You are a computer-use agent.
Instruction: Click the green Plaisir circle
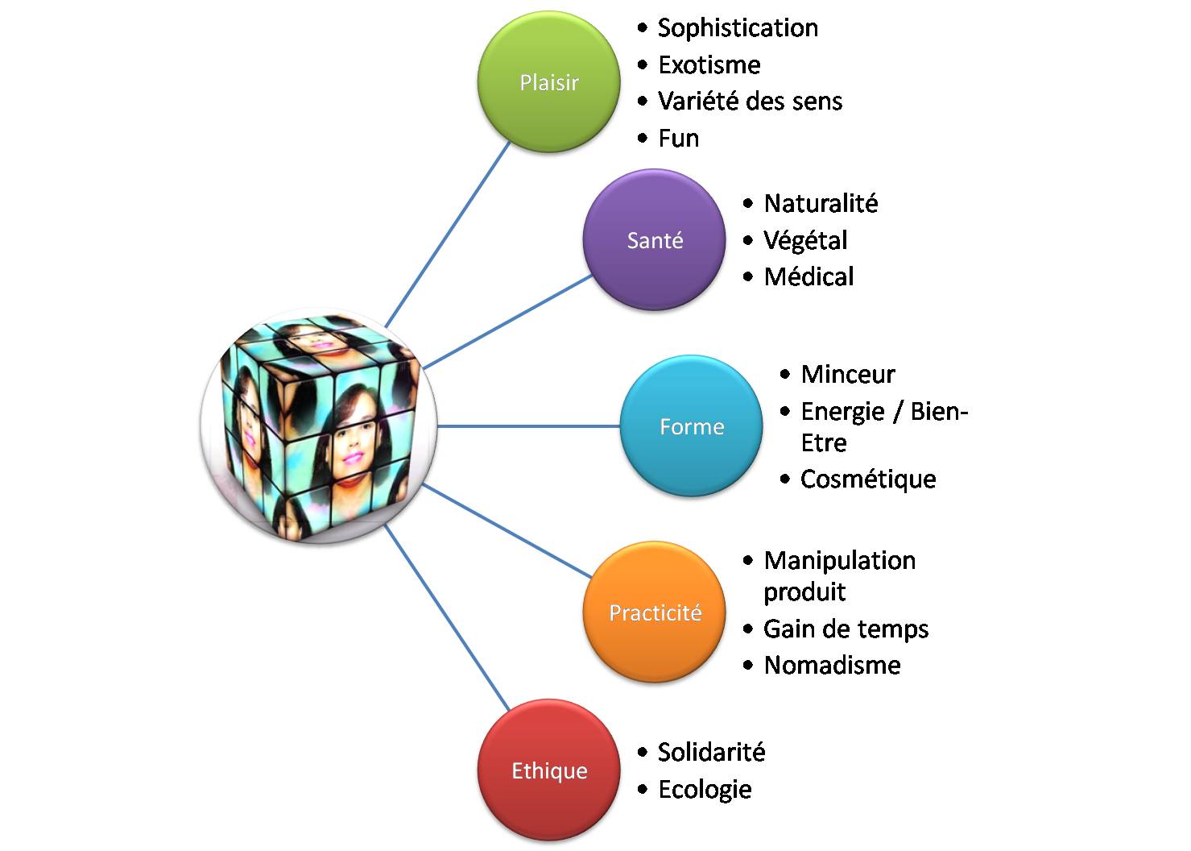[x=549, y=82]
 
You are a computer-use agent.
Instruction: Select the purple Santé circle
[x=654, y=240]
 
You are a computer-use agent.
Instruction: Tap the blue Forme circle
[x=691, y=426]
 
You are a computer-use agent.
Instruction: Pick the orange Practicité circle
[x=654, y=612]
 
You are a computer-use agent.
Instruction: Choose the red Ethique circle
[x=549, y=770]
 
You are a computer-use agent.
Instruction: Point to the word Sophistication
[x=738, y=28]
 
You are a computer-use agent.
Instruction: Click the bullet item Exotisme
[x=709, y=64]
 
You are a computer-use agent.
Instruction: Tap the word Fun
[x=678, y=139]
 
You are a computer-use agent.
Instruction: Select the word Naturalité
[x=821, y=203]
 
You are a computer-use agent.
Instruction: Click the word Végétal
[x=805, y=240]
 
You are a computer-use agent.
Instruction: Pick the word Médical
[x=808, y=276]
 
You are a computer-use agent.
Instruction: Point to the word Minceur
[x=848, y=374]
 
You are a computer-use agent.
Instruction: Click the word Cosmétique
[x=868, y=479]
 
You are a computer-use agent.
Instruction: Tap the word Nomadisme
[x=832, y=665]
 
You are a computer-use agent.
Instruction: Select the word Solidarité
[x=711, y=752]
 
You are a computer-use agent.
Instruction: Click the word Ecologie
[x=705, y=789]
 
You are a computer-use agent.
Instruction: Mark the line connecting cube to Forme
[x=528, y=425]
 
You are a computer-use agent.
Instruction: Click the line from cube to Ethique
[x=447, y=617]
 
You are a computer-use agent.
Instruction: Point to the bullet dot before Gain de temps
[x=748, y=629]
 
